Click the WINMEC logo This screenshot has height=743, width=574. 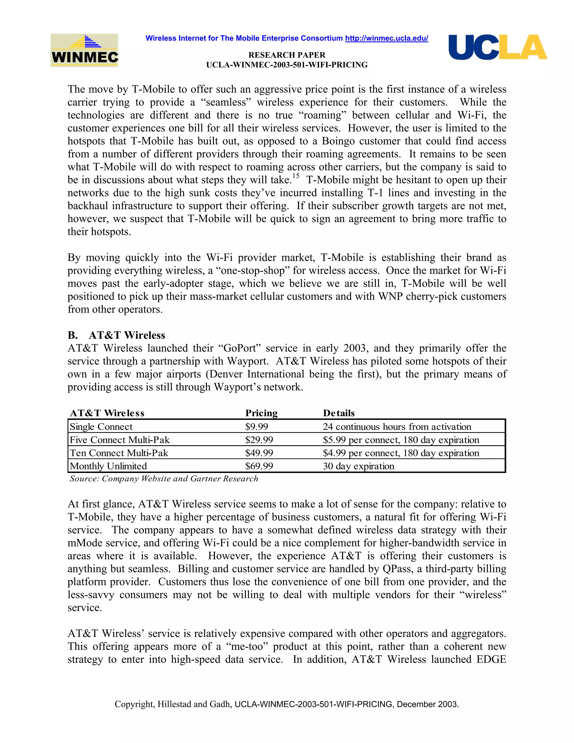84,50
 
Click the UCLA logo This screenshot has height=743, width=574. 497,47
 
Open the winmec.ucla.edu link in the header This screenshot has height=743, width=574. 386,38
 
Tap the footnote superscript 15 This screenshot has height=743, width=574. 296,176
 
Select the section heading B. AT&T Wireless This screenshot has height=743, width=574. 116,335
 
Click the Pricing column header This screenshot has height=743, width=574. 261,413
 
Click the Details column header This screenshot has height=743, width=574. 339,413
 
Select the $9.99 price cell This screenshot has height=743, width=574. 256,427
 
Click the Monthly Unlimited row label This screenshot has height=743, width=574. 108,466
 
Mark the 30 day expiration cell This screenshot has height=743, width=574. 358,466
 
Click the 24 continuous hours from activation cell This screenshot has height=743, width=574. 397,427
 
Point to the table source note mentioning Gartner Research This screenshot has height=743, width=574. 164,479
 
